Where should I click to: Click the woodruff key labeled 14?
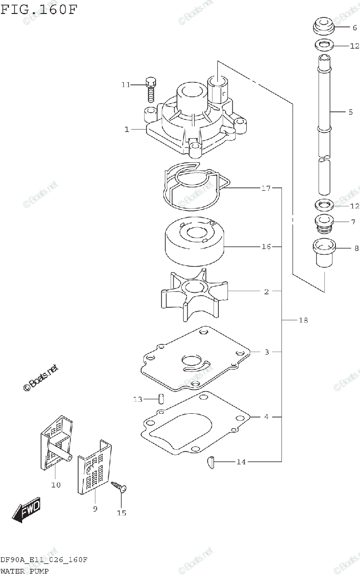pos(210,462)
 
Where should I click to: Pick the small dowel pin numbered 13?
pos(161,399)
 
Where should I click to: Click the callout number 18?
pos(303,320)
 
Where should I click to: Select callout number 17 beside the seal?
pos(266,188)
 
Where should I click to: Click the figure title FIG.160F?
pos(39,10)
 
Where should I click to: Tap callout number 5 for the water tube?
pos(350,112)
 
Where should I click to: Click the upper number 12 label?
pos(354,46)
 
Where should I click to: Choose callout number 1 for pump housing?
pos(127,129)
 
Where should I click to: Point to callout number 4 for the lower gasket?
pos(266,417)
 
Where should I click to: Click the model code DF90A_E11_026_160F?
pos(43,560)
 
